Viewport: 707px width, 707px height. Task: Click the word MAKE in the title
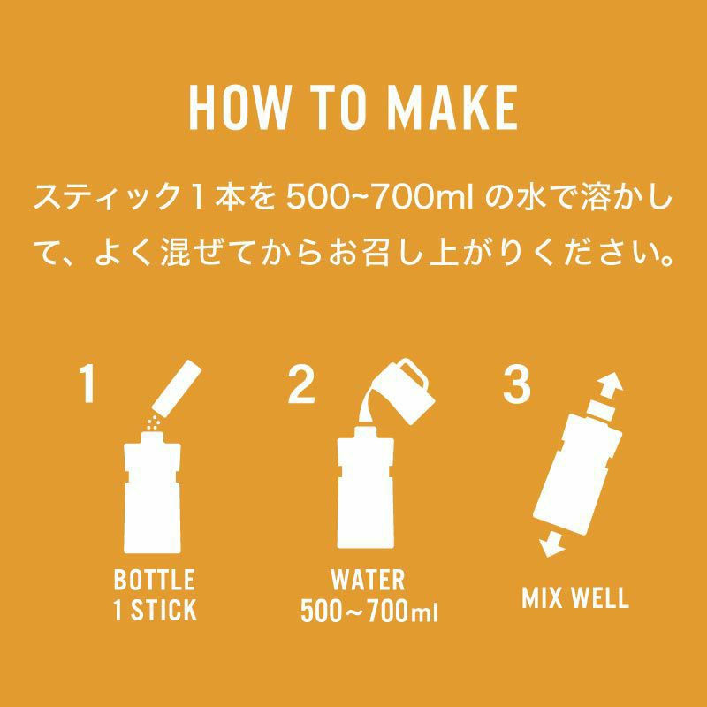click(452, 108)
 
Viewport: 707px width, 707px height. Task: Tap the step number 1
click(87, 384)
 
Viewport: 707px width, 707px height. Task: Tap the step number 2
click(300, 384)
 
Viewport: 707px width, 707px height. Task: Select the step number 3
click(516, 384)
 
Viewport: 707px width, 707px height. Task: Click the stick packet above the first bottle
click(177, 388)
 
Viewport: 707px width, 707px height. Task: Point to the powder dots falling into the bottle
click(153, 423)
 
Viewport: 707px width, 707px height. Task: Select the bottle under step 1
click(152, 491)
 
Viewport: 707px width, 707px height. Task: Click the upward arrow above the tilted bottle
click(609, 387)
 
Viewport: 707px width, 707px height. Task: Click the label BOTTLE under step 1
click(155, 581)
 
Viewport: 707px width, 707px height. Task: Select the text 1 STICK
click(155, 610)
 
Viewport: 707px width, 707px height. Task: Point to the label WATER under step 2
click(368, 581)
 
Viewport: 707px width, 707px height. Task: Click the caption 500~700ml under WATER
click(369, 611)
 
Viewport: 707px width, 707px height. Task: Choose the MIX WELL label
click(575, 597)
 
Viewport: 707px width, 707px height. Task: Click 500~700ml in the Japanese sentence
click(380, 198)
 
